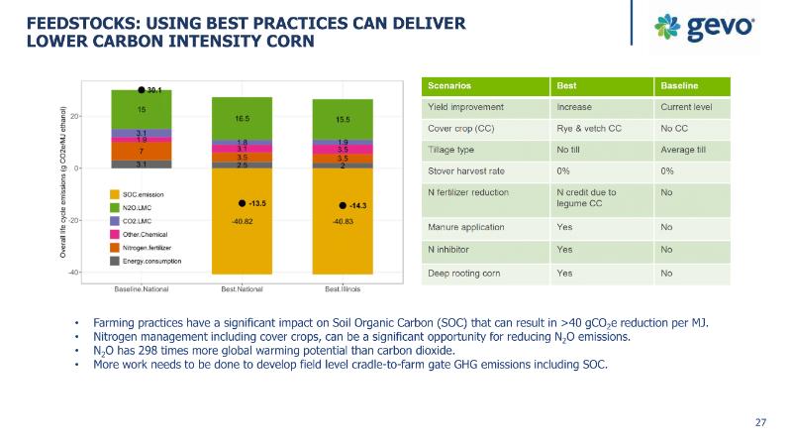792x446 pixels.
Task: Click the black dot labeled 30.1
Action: pos(142,89)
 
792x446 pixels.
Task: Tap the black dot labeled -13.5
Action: pos(242,202)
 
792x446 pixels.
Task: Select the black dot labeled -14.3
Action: pos(342,205)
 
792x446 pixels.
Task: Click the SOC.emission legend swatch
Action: pos(116,194)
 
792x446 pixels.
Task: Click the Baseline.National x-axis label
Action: pos(142,289)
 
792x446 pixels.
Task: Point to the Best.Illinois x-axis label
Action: pos(342,289)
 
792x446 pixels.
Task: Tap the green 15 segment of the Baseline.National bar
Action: pos(142,109)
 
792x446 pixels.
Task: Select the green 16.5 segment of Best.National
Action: pos(242,118)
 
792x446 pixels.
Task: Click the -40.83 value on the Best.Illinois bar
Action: pos(342,223)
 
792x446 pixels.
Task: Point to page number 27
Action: pos(761,423)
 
